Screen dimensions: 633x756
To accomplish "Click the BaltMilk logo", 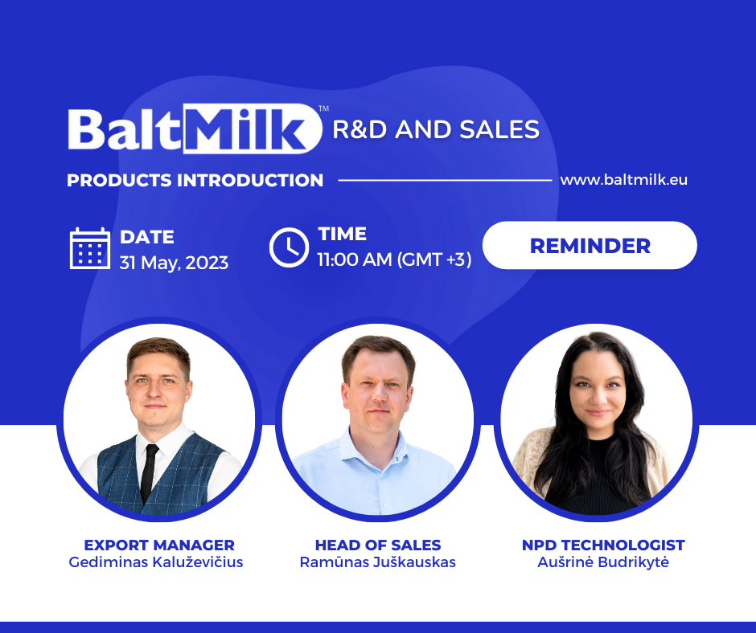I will [194, 129].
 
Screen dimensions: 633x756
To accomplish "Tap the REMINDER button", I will [590, 245].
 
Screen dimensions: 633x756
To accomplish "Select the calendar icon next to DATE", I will [90, 248].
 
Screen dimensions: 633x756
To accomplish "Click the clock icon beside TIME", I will [289, 247].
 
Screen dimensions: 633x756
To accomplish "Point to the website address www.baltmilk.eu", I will [623, 180].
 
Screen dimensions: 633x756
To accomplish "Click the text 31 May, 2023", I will [174, 262].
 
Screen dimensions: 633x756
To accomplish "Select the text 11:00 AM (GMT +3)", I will [394, 259].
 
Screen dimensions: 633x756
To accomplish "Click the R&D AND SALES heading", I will [436, 129].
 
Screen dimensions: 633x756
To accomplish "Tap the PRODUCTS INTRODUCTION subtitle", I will [195, 180].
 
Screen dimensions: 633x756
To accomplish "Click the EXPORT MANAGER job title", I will [159, 545].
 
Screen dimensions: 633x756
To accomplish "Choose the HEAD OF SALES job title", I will [378, 545].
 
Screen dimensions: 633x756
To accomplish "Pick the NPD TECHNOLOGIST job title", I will [603, 545].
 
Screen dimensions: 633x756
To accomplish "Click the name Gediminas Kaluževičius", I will [156, 562].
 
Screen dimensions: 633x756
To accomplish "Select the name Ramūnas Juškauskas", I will [378, 562].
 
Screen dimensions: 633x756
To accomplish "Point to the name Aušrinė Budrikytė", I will [603, 562].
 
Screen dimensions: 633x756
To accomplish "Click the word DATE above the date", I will [147, 237].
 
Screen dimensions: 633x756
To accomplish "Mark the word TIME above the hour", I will [343, 234].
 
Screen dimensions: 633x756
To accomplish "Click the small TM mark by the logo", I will [323, 108].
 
